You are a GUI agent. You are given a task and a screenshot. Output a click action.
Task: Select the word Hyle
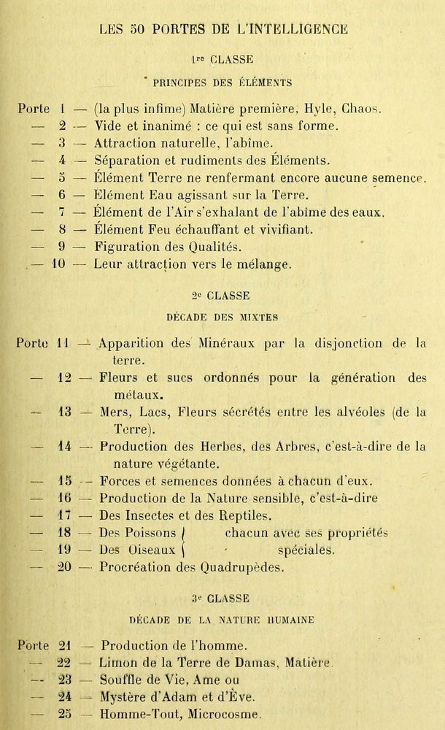308,109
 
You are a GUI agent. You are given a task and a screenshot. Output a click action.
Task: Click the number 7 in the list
63,212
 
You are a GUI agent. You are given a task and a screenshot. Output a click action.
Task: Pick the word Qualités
196,247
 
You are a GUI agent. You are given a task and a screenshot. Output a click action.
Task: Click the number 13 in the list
63,412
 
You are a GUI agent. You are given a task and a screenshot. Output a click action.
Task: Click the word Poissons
150,534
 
